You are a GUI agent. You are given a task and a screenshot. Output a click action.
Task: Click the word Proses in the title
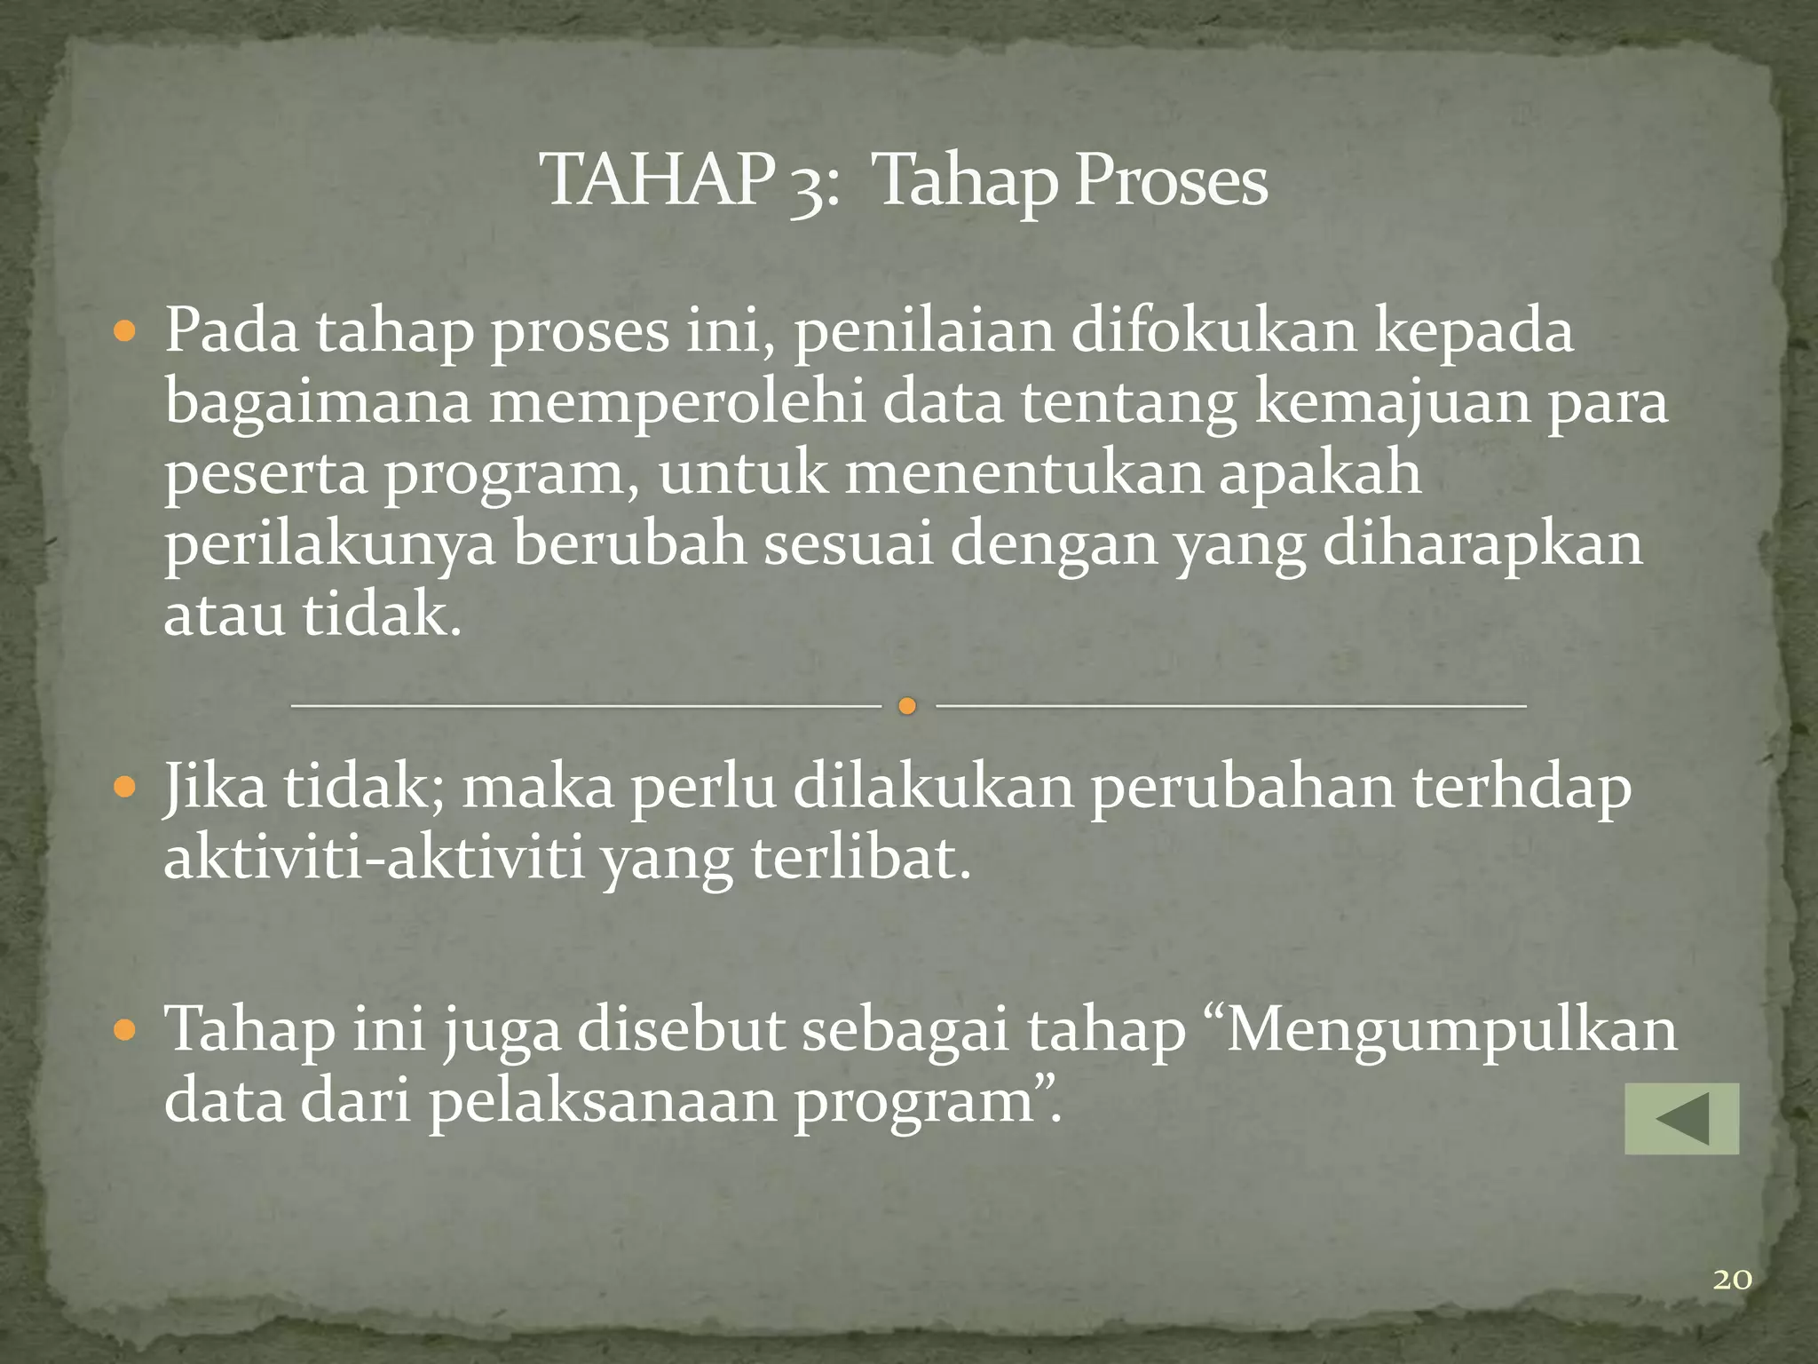[x=1171, y=181]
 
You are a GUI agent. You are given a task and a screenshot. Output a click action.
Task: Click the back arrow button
[x=1681, y=1119]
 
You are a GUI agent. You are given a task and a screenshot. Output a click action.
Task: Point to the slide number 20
[x=1732, y=1280]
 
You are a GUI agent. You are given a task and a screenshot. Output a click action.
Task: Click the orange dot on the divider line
[x=906, y=707]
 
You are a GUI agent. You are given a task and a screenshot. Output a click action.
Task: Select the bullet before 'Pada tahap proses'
[x=125, y=333]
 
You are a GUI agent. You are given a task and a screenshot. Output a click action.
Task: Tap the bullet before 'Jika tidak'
[x=125, y=787]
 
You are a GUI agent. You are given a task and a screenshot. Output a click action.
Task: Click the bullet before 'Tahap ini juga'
[x=125, y=1030]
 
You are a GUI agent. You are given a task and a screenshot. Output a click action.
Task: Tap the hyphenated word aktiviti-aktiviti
[x=374, y=858]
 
